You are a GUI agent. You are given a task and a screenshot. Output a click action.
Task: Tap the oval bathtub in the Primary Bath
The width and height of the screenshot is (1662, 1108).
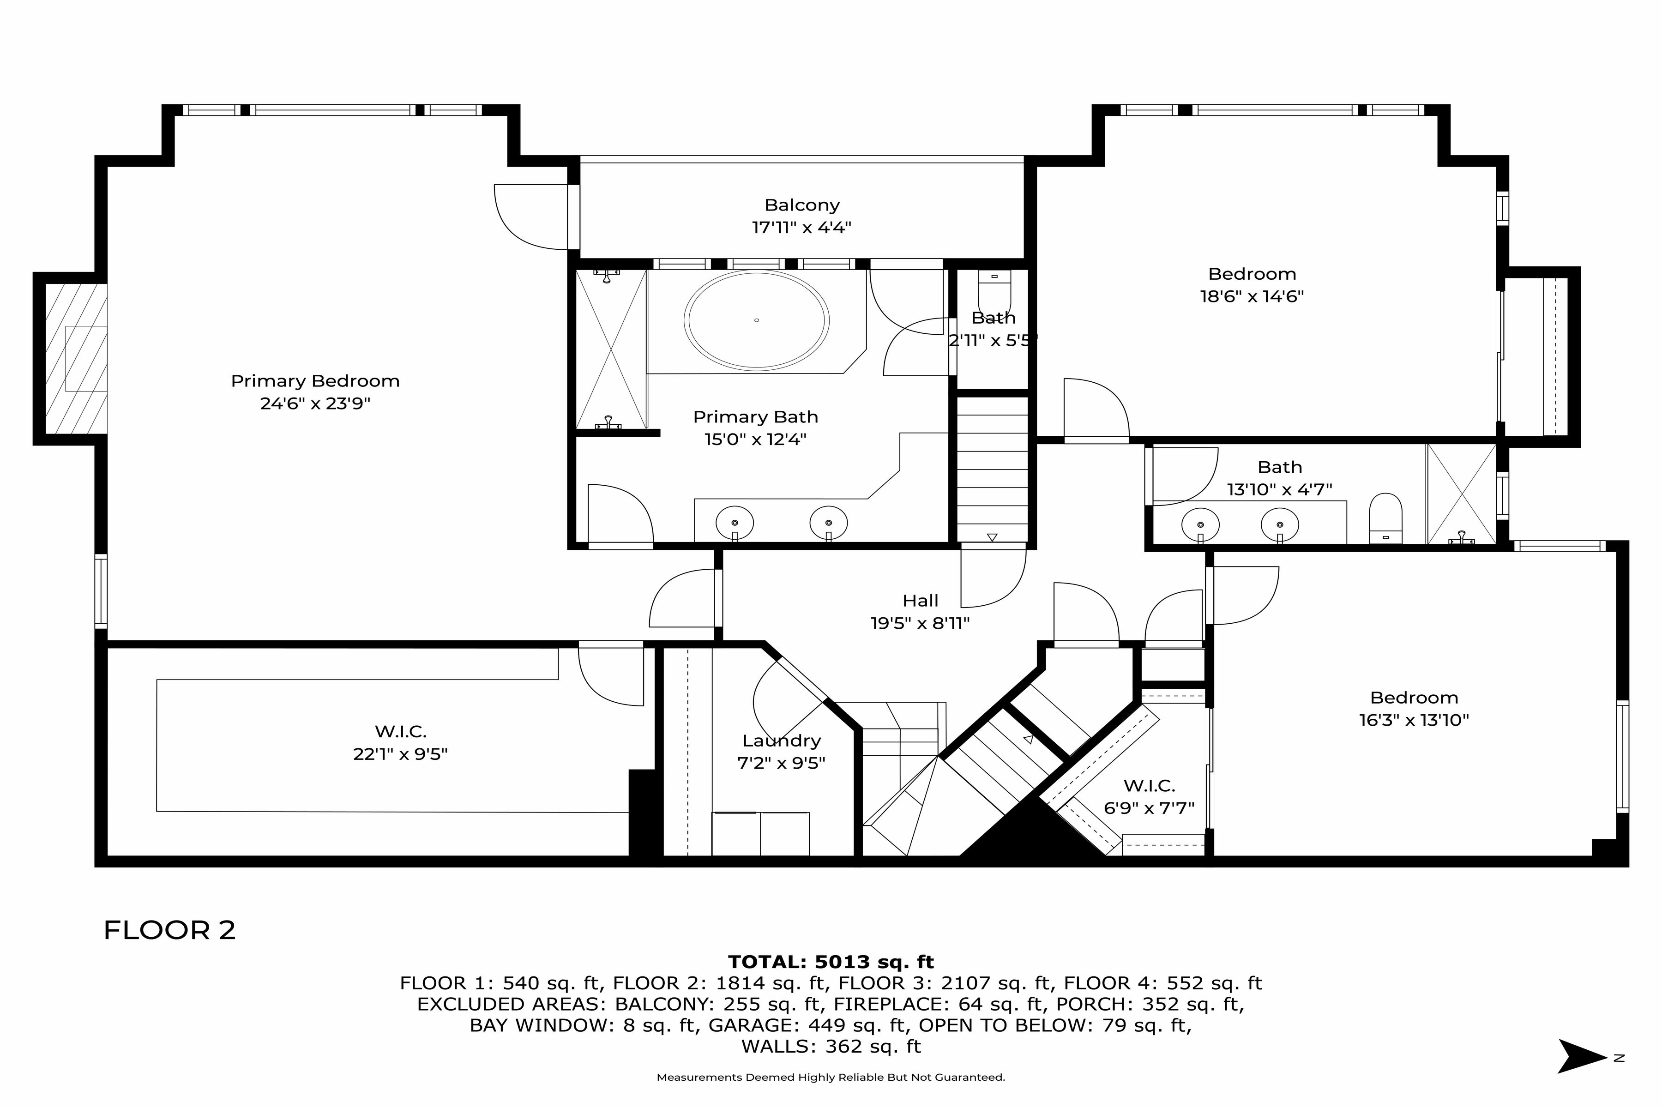pos(756,320)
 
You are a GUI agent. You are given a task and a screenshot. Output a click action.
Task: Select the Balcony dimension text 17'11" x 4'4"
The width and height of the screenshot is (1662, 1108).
pos(801,228)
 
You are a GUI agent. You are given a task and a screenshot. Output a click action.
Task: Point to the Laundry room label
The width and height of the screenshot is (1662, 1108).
pos(782,741)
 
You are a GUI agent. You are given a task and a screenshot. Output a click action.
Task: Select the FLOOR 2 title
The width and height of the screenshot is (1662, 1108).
pos(169,930)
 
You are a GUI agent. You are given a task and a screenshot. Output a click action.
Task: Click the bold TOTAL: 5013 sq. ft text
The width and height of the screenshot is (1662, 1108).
pos(831,962)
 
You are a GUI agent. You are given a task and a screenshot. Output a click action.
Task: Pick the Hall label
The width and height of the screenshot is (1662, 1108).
pos(920,601)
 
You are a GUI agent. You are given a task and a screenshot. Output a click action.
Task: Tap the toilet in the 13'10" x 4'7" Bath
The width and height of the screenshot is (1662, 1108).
pos(1386,518)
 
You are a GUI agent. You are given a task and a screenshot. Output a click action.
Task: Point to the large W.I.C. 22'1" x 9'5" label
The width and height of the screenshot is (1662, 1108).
pos(401,731)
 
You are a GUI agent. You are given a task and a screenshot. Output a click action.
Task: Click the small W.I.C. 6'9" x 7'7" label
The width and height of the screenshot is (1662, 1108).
pos(1149,785)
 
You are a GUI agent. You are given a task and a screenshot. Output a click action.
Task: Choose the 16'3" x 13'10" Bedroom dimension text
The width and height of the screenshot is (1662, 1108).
pos(1414,720)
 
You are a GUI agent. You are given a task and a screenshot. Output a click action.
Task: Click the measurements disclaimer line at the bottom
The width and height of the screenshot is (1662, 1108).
pos(831,1078)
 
